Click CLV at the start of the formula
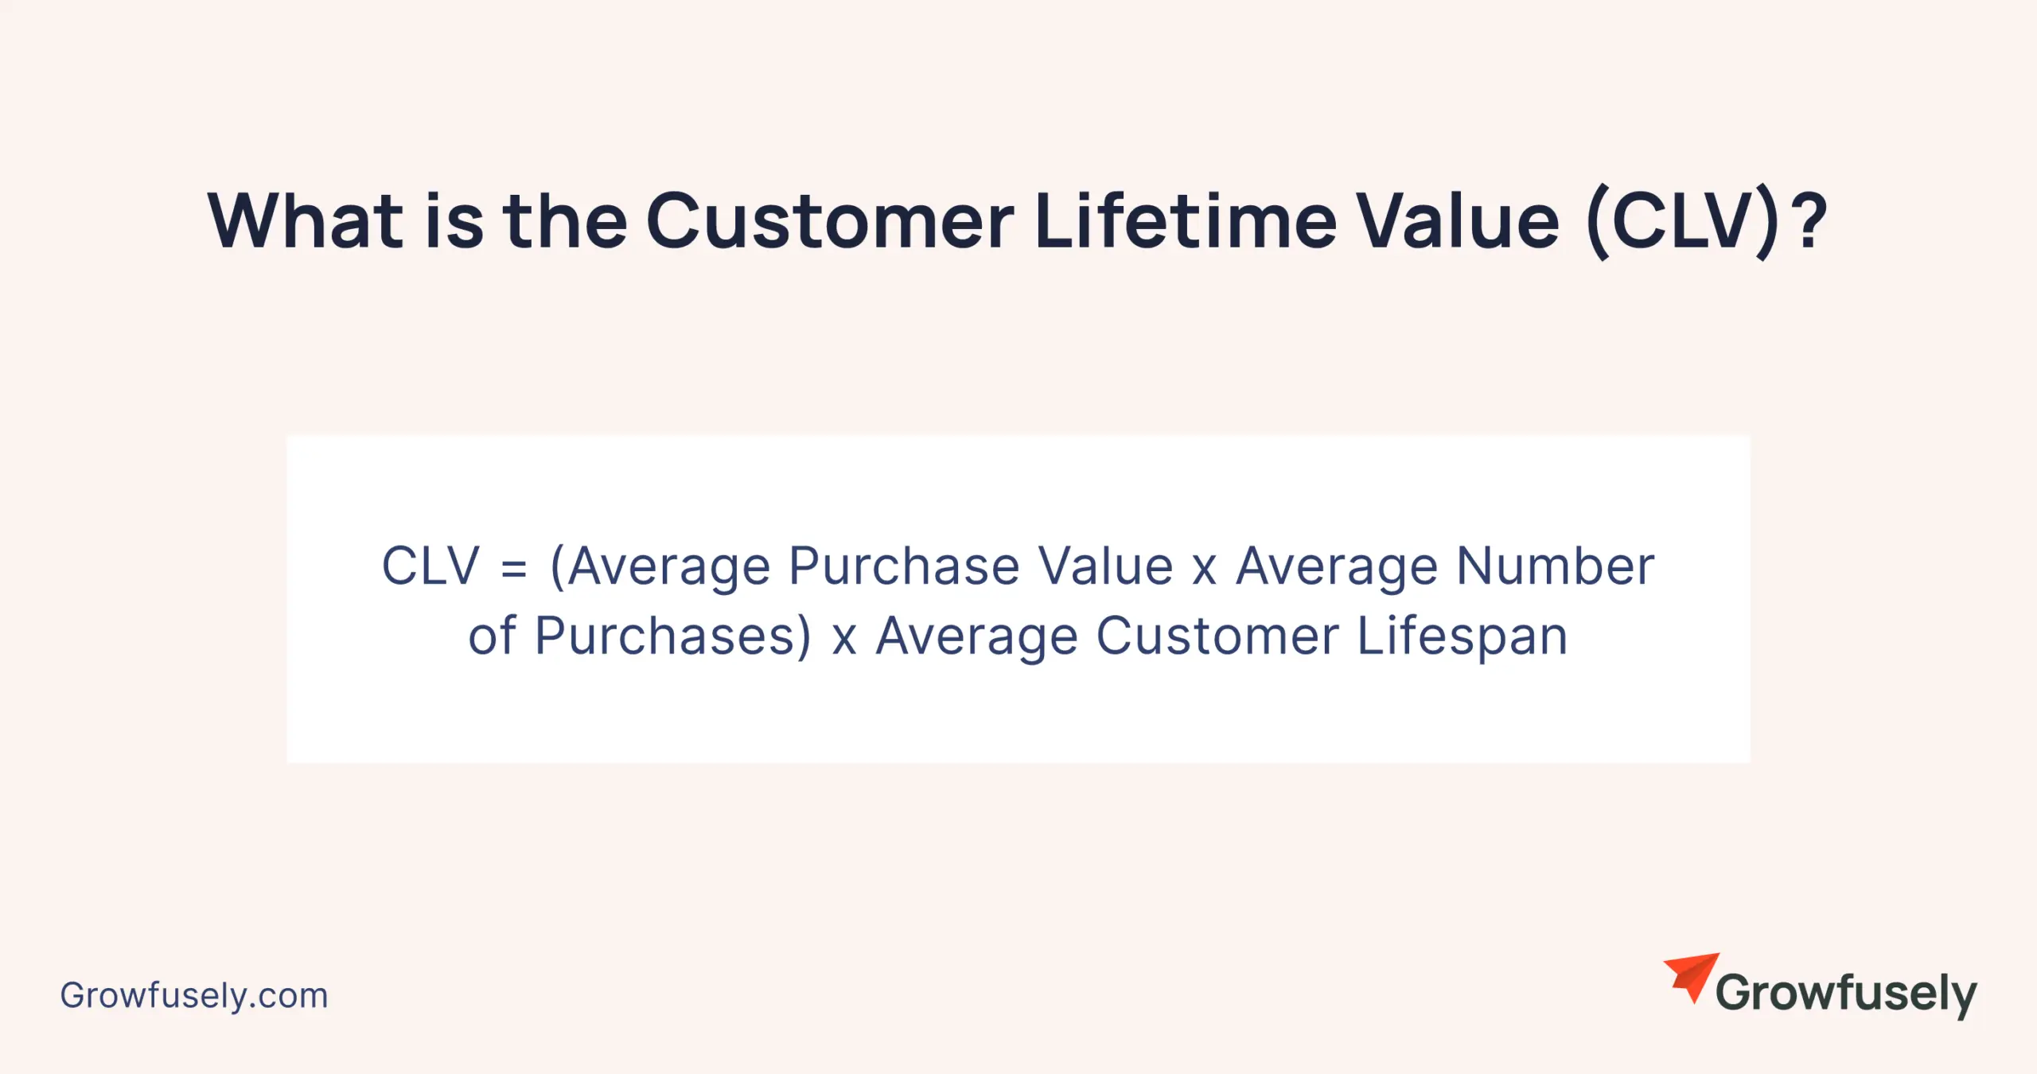[x=430, y=566]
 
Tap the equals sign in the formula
[x=514, y=568]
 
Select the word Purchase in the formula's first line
[x=904, y=566]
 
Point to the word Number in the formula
[x=1555, y=566]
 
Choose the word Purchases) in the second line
[x=673, y=636]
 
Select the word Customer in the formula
[x=1217, y=636]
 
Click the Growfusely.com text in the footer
[x=194, y=996]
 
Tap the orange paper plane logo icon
[x=1693, y=975]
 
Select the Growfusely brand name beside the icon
[x=1846, y=994]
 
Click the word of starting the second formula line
[x=492, y=636]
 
